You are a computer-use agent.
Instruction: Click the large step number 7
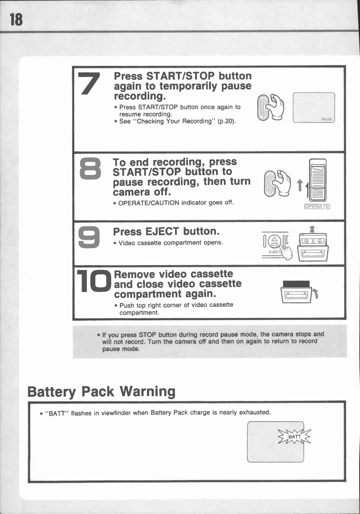[x=89, y=83]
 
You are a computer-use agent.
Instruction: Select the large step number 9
[x=89, y=237]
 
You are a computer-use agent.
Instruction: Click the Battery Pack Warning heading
[x=101, y=391]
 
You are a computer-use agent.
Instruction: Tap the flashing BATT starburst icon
[x=295, y=437]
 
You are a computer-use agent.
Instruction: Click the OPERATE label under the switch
[x=317, y=206]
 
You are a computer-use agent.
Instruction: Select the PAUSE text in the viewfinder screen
[x=327, y=119]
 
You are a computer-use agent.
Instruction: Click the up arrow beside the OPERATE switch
[x=300, y=185]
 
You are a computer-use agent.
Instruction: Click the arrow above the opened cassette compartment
[x=312, y=229]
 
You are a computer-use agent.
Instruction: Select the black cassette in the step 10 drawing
[x=296, y=284]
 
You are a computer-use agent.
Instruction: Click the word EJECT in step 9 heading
[x=162, y=231]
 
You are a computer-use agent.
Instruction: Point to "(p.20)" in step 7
[x=227, y=121]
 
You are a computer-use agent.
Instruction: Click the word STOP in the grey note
[x=147, y=335]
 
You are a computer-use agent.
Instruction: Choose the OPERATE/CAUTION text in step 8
[x=149, y=203]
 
